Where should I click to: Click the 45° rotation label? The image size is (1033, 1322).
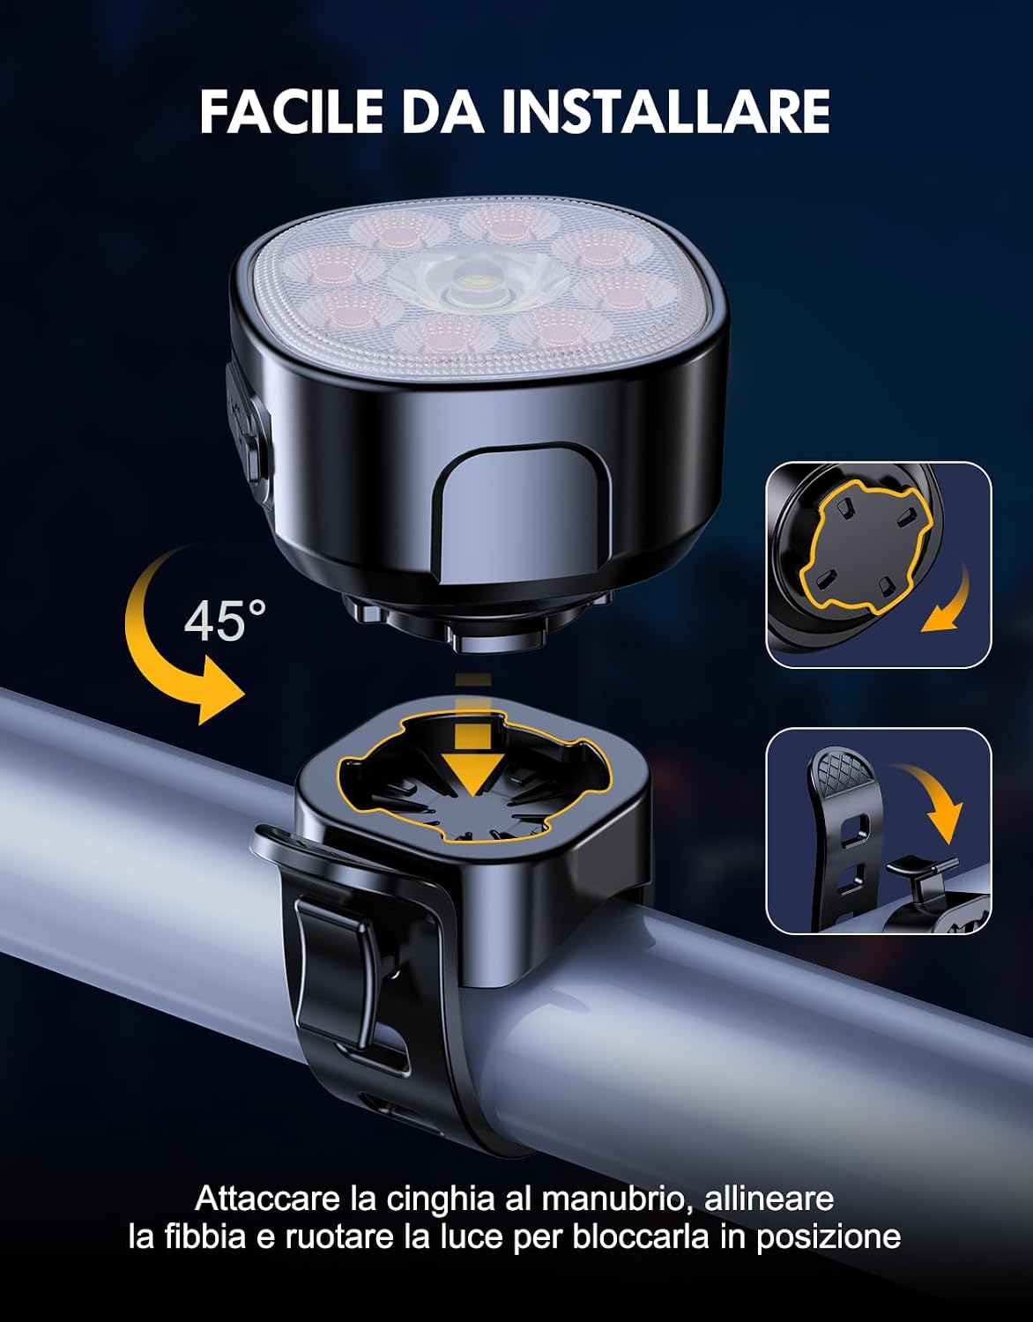(225, 621)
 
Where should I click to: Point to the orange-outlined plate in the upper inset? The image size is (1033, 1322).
(865, 546)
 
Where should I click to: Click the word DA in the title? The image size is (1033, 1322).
(441, 112)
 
